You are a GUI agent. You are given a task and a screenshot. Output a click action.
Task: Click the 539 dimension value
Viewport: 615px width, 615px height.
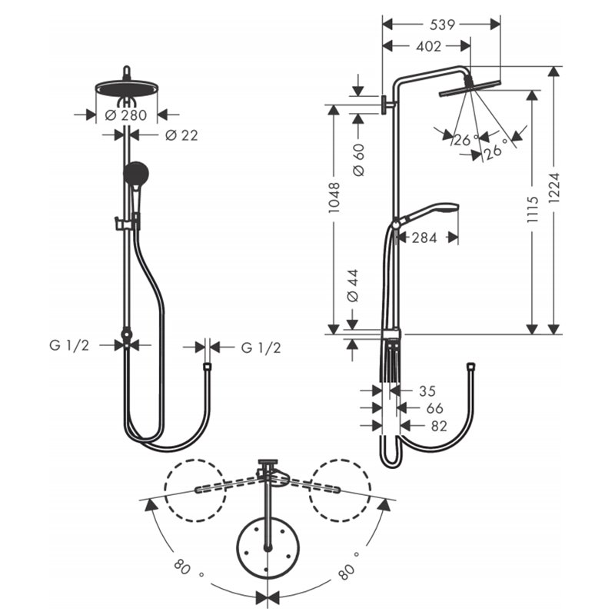[x=442, y=25]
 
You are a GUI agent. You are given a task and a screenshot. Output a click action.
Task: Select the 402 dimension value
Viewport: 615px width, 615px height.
[x=429, y=46]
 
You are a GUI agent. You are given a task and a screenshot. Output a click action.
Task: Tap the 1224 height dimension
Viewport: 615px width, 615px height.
[x=554, y=188]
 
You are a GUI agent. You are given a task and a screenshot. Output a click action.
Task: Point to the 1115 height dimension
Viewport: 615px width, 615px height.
[x=533, y=210]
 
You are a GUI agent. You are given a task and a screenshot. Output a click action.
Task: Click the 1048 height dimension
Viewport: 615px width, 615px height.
[x=334, y=198]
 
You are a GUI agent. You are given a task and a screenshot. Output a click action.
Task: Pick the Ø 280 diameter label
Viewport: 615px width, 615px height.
[x=126, y=115]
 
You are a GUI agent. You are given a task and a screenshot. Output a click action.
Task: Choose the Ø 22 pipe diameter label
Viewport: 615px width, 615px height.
[x=181, y=135]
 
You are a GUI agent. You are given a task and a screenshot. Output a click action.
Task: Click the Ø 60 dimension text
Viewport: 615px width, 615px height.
[x=358, y=160]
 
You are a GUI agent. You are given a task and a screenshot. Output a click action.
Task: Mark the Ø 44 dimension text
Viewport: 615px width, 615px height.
[x=353, y=285]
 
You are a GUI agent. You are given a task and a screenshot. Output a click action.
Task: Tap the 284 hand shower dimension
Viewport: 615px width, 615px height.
[x=424, y=238]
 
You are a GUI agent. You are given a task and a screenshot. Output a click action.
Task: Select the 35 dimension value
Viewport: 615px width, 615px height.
[x=427, y=391]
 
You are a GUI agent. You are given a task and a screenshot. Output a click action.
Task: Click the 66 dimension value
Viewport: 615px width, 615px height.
[x=434, y=408]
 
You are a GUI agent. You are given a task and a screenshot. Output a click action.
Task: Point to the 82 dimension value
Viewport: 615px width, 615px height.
[x=439, y=426]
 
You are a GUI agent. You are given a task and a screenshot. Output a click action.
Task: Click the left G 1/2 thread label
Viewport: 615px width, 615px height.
[x=69, y=345]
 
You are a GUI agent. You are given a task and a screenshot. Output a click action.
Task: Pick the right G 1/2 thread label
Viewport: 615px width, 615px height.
[x=261, y=348]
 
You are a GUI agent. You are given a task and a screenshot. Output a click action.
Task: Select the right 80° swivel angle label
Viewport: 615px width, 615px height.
[x=349, y=566]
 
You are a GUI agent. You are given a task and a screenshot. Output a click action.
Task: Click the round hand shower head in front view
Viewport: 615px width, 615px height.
[x=136, y=174]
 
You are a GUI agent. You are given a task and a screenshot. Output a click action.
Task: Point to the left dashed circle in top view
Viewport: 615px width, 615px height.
[x=195, y=490]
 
